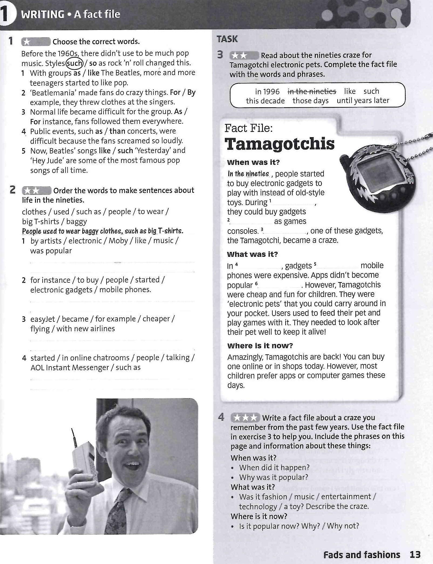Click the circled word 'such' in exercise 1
[x=74, y=63]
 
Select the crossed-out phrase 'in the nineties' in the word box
[x=312, y=92]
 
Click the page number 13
[x=415, y=555]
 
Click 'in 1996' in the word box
[x=267, y=92]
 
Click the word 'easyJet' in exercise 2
[x=43, y=319]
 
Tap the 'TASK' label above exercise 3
[x=227, y=39]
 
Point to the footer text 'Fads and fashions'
[x=362, y=555]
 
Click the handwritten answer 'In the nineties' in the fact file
[x=248, y=174]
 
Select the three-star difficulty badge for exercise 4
[x=245, y=418]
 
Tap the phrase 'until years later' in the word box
[x=363, y=101]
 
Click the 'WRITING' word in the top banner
[x=43, y=14]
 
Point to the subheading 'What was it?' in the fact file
[x=252, y=254]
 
